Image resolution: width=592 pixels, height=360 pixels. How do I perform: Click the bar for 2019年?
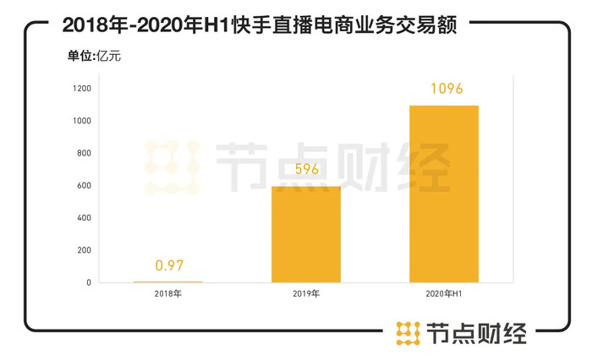[305, 234]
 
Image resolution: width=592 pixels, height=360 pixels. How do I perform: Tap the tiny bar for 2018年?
[167, 281]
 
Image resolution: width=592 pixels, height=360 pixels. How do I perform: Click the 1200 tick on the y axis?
[81, 89]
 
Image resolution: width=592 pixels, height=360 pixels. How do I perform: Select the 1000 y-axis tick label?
[81, 121]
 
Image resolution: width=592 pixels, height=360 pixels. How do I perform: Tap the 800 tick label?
[83, 154]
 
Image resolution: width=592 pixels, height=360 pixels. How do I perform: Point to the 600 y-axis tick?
[83, 186]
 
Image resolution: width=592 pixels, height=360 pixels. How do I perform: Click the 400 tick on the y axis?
[83, 218]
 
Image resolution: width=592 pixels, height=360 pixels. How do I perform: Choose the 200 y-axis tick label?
[83, 251]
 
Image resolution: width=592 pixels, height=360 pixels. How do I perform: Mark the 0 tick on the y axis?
[88, 283]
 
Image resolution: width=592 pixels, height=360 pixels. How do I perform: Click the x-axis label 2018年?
[167, 295]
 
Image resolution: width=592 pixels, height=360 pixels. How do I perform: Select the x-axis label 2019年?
[305, 295]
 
